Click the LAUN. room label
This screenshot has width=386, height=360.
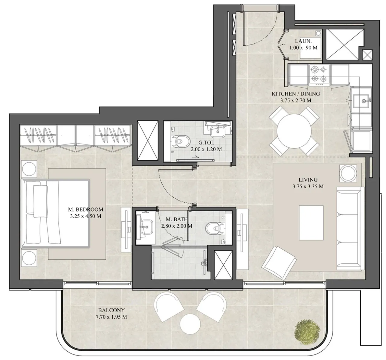click(303, 41)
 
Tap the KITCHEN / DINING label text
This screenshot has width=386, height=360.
click(296, 94)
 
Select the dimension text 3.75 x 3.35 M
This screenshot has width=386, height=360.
click(308, 186)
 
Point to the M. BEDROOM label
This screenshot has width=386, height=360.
click(86, 210)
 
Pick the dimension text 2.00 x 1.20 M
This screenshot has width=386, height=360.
click(206, 149)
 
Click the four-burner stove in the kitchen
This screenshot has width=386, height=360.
click(319, 75)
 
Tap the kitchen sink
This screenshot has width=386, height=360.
click(361, 101)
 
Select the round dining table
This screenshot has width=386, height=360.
click(294, 131)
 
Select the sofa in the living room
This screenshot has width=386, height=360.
click(350, 228)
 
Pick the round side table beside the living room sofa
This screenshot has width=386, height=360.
click(348, 174)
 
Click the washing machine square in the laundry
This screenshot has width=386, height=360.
click(311, 48)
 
